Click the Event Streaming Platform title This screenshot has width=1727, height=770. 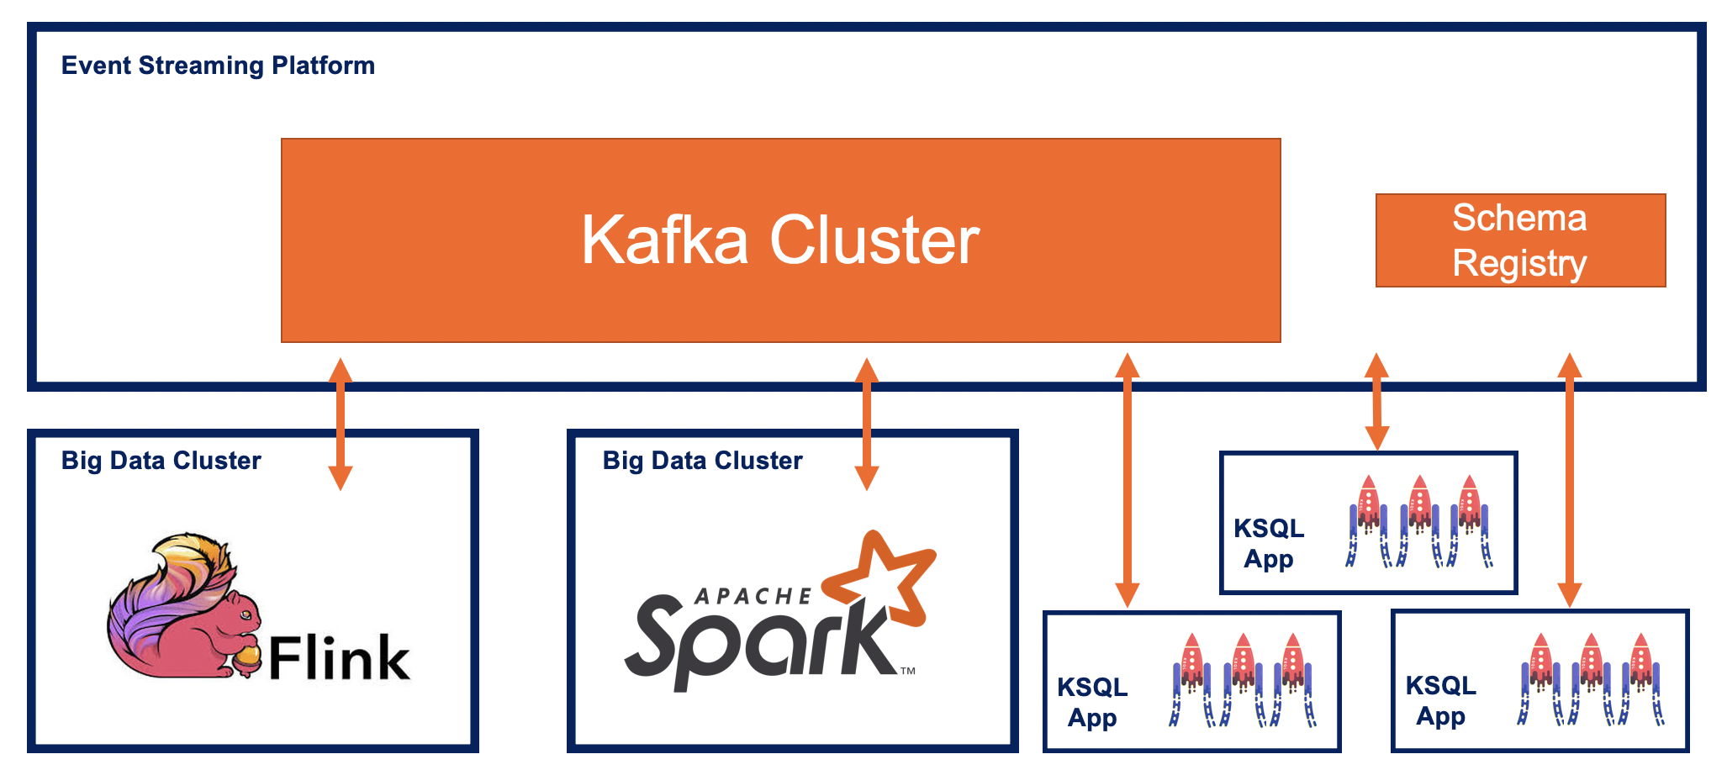pyautogui.click(x=218, y=66)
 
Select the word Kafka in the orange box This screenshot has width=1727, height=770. pyautogui.click(x=664, y=240)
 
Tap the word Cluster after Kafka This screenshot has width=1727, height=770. pyautogui.click(x=874, y=240)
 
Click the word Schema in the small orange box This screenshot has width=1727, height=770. pyautogui.click(x=1519, y=219)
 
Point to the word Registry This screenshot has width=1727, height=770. pyautogui.click(x=1519, y=264)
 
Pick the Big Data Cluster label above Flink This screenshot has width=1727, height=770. pyautogui.click(x=161, y=461)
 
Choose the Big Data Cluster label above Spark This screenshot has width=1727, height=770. pyautogui.click(x=702, y=461)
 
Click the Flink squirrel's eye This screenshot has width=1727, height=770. pyautogui.click(x=245, y=615)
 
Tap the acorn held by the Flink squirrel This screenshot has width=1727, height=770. pyautogui.click(x=248, y=658)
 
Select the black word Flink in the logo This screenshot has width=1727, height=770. pyautogui.click(x=339, y=658)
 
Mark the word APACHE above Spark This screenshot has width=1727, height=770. pyautogui.click(x=753, y=597)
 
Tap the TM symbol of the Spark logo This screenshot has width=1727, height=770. pyautogui.click(x=908, y=671)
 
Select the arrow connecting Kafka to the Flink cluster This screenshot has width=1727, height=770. pyautogui.click(x=340, y=425)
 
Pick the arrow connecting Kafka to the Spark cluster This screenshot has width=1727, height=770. pyautogui.click(x=866, y=425)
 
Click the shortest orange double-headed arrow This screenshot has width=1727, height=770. pyautogui.click(x=1376, y=402)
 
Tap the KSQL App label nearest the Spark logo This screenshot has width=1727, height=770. pyautogui.click(x=1092, y=702)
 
